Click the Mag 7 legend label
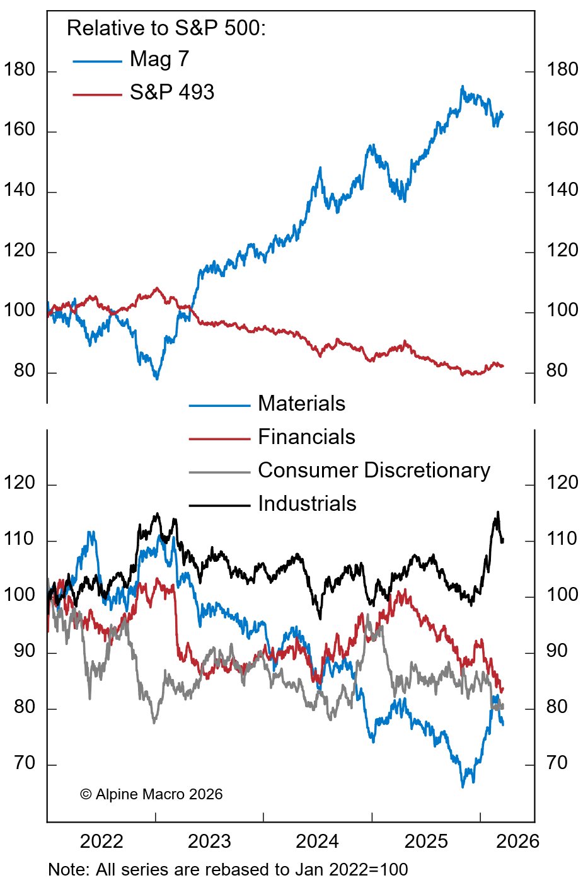[159, 59]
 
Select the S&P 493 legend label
[171, 93]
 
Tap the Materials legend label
[301, 404]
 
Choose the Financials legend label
[306, 437]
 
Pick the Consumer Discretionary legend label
[374, 471]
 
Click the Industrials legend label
[307, 504]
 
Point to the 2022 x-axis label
[101, 842]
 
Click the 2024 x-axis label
[318, 842]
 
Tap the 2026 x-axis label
[517, 842]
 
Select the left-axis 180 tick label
[20, 70]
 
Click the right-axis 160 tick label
[562, 130]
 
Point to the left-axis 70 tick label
[25, 763]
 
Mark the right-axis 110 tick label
[562, 539]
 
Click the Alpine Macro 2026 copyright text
[151, 794]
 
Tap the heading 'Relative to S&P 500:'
[166, 28]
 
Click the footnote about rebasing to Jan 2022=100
[228, 870]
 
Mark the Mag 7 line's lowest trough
[157, 379]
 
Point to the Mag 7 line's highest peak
[463, 86]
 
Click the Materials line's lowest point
[463, 787]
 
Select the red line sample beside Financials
[219, 438]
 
